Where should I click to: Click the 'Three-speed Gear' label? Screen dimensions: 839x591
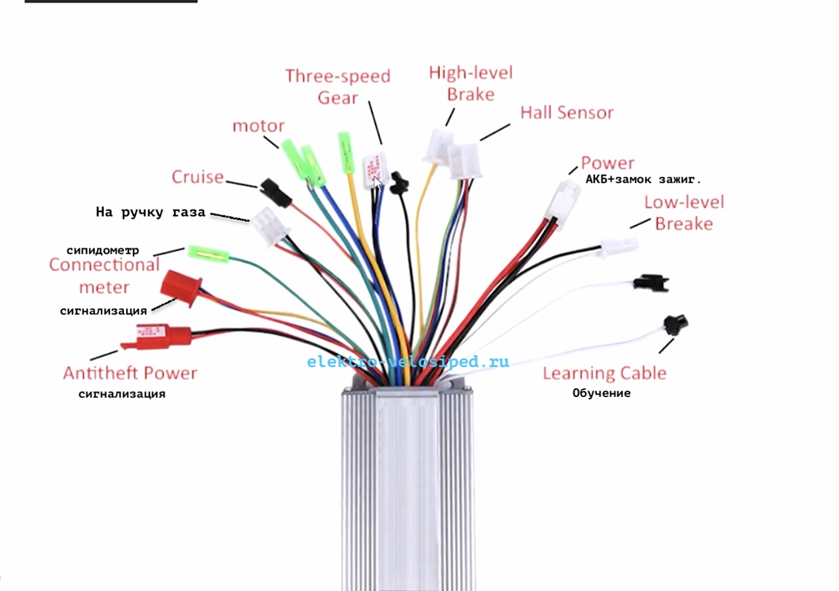click(338, 87)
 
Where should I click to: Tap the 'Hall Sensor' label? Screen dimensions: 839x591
click(567, 113)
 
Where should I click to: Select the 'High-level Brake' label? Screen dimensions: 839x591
click(471, 83)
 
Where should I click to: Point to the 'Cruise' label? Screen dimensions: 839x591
click(198, 177)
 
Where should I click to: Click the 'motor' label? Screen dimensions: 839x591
click(258, 126)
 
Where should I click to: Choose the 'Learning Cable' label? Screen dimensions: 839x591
click(605, 373)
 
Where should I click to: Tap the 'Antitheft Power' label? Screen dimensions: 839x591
click(130, 373)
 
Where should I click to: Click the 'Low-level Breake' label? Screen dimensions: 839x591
click(684, 213)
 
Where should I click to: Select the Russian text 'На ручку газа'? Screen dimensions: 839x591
click(150, 213)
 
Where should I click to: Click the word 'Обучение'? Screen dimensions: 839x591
click(601, 393)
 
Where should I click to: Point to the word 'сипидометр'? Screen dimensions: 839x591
click(103, 250)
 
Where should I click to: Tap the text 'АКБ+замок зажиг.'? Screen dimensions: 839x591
click(643, 179)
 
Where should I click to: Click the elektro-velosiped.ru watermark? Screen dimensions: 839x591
click(408, 362)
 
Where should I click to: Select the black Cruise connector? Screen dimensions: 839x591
click(275, 192)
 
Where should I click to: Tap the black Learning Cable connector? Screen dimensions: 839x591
click(676, 324)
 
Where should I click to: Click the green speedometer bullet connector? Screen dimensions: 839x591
click(208, 254)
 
